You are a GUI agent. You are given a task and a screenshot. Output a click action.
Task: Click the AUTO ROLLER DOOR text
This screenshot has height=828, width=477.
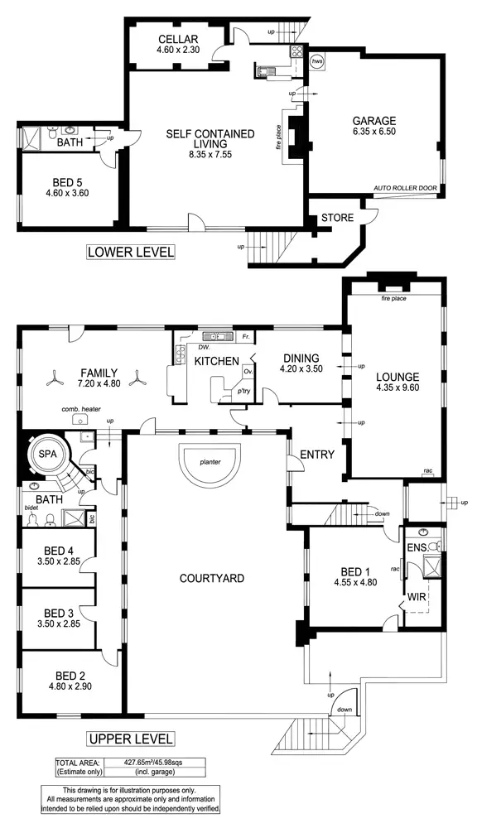click(x=405, y=188)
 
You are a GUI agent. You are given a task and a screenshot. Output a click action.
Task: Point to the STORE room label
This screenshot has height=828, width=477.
click(x=339, y=219)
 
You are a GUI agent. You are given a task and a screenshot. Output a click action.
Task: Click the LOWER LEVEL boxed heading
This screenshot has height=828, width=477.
click(x=130, y=253)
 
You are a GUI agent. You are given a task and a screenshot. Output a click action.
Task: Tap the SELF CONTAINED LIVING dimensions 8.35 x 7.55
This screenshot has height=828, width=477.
click(x=203, y=153)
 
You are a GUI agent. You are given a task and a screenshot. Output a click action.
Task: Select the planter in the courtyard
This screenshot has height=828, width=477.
click(x=210, y=465)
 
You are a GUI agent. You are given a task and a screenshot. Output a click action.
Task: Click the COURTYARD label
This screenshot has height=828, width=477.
click(x=212, y=578)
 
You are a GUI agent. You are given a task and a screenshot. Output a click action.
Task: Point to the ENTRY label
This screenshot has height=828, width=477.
click(x=316, y=455)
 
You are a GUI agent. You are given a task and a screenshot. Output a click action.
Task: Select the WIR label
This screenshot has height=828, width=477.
click(x=415, y=597)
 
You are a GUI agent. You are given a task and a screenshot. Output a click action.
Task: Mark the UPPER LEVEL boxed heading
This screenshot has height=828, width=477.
click(x=130, y=738)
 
